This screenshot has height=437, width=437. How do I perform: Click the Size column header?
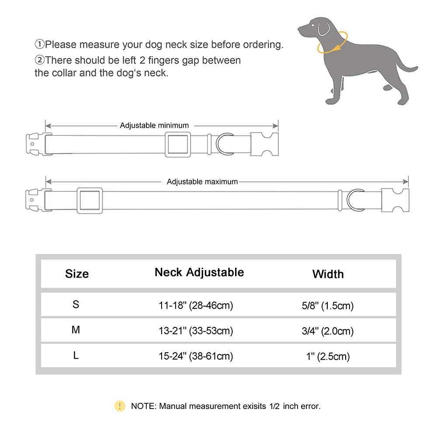coord(77,274)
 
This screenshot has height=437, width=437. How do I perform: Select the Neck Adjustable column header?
coord(199,272)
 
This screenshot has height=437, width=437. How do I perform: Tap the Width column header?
coord(328,274)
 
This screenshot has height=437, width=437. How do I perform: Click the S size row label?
coord(76,305)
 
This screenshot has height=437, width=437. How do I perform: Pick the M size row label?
coord(76,330)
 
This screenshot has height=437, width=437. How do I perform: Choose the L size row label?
coord(76,356)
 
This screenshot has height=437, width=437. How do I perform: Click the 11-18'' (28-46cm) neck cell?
coord(196,305)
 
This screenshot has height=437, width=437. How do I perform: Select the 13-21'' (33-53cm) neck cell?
coord(196,331)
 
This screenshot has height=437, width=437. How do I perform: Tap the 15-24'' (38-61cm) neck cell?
coord(196,356)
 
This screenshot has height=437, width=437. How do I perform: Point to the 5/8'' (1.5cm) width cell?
coord(327,305)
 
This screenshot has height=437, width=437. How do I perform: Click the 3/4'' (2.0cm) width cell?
coord(327,331)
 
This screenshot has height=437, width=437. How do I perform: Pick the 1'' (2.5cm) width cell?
coord(327,356)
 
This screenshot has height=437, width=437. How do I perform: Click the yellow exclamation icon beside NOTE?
coord(120,406)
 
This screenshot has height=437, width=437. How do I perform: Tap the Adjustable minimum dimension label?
coord(154,125)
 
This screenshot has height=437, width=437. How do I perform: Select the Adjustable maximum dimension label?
coord(202,181)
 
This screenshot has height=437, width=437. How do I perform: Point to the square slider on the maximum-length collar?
coord(90,201)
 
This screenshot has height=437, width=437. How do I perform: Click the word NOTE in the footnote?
coord(143,406)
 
